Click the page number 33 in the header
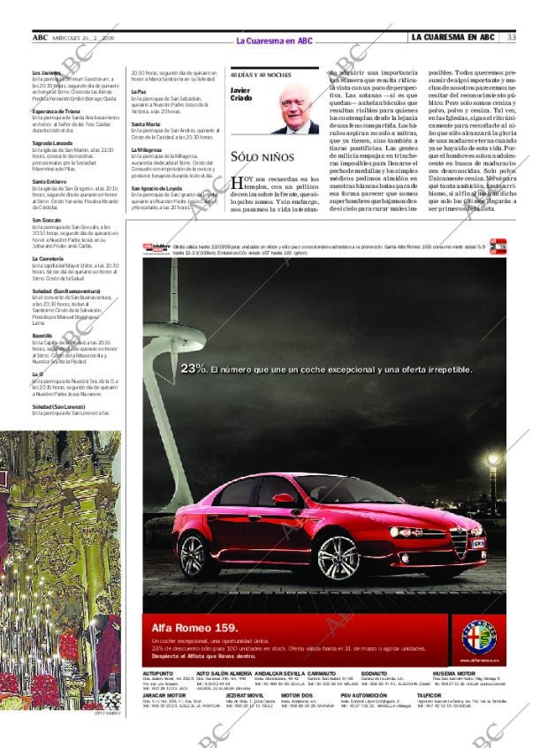coord(511,37)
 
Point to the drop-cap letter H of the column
coord(236,183)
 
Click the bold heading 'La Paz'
coord(139,91)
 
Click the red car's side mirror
coord(284,500)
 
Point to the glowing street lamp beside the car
coord(493,459)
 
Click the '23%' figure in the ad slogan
coord(194,368)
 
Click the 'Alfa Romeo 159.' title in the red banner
coord(193,626)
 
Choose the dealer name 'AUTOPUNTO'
coord(157,673)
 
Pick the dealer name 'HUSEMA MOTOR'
coord(452,673)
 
